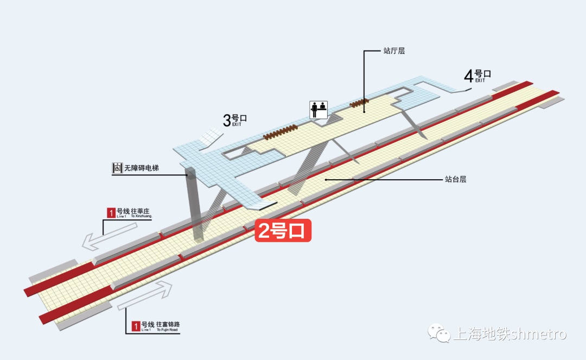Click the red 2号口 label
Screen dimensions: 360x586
click(284, 231)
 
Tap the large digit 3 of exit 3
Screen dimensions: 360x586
click(227, 120)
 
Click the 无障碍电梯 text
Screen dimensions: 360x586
click(143, 168)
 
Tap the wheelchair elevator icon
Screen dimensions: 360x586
click(117, 168)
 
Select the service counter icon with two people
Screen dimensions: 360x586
click(318, 110)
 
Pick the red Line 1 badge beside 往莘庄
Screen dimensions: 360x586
click(111, 213)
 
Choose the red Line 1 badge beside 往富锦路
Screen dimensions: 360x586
click(136, 326)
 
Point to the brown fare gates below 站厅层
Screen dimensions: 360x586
click(359, 103)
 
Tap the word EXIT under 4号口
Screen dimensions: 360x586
click(480, 80)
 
